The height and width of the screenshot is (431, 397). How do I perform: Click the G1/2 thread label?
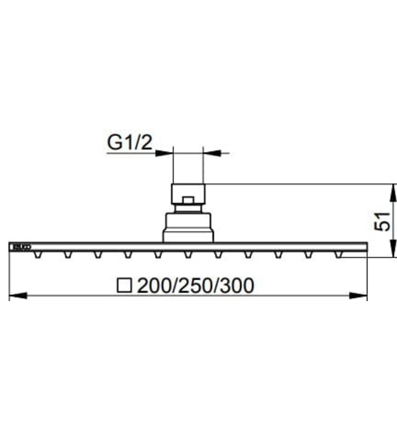click(x=129, y=143)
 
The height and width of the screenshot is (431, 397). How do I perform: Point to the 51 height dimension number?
click(x=383, y=220)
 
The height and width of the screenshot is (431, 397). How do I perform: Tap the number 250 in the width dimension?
click(x=194, y=286)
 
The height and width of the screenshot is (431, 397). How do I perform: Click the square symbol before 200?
click(x=126, y=286)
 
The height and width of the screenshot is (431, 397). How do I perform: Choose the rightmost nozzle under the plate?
click(x=338, y=254)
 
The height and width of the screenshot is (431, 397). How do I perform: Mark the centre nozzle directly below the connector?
click(x=188, y=254)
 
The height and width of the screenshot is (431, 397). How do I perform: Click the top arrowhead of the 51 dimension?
click(x=393, y=190)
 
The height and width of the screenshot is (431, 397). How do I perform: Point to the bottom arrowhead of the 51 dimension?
click(x=393, y=251)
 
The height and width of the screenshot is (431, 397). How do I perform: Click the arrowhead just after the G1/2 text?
click(x=164, y=153)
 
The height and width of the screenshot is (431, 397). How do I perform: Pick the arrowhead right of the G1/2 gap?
click(x=212, y=153)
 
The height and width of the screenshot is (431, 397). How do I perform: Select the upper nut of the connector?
click(x=188, y=194)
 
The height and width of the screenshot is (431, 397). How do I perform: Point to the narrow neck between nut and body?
click(x=188, y=209)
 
